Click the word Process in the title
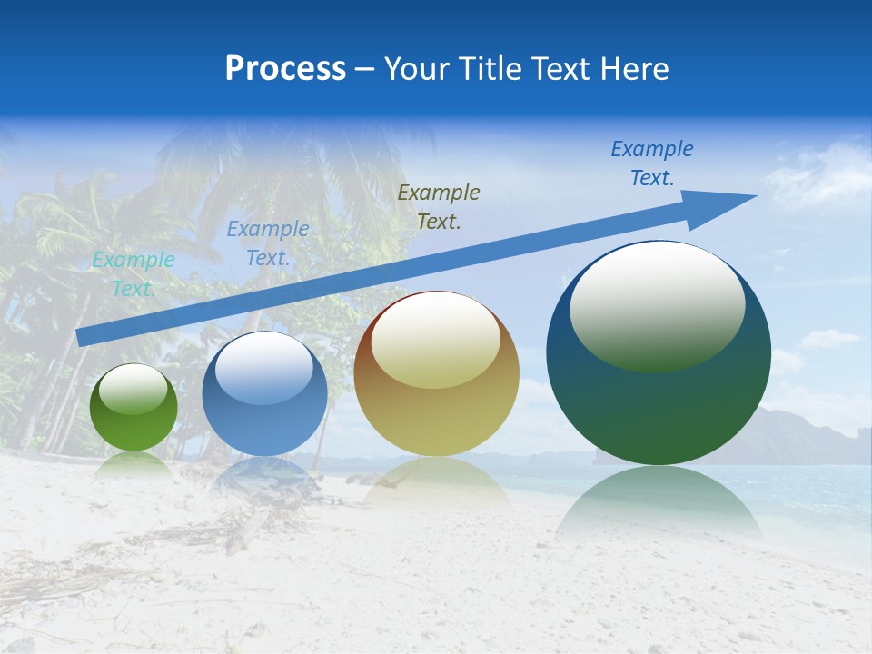click(x=285, y=69)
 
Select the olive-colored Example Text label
click(x=439, y=206)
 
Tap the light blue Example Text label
click(x=267, y=243)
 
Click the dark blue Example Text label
click(x=652, y=163)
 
